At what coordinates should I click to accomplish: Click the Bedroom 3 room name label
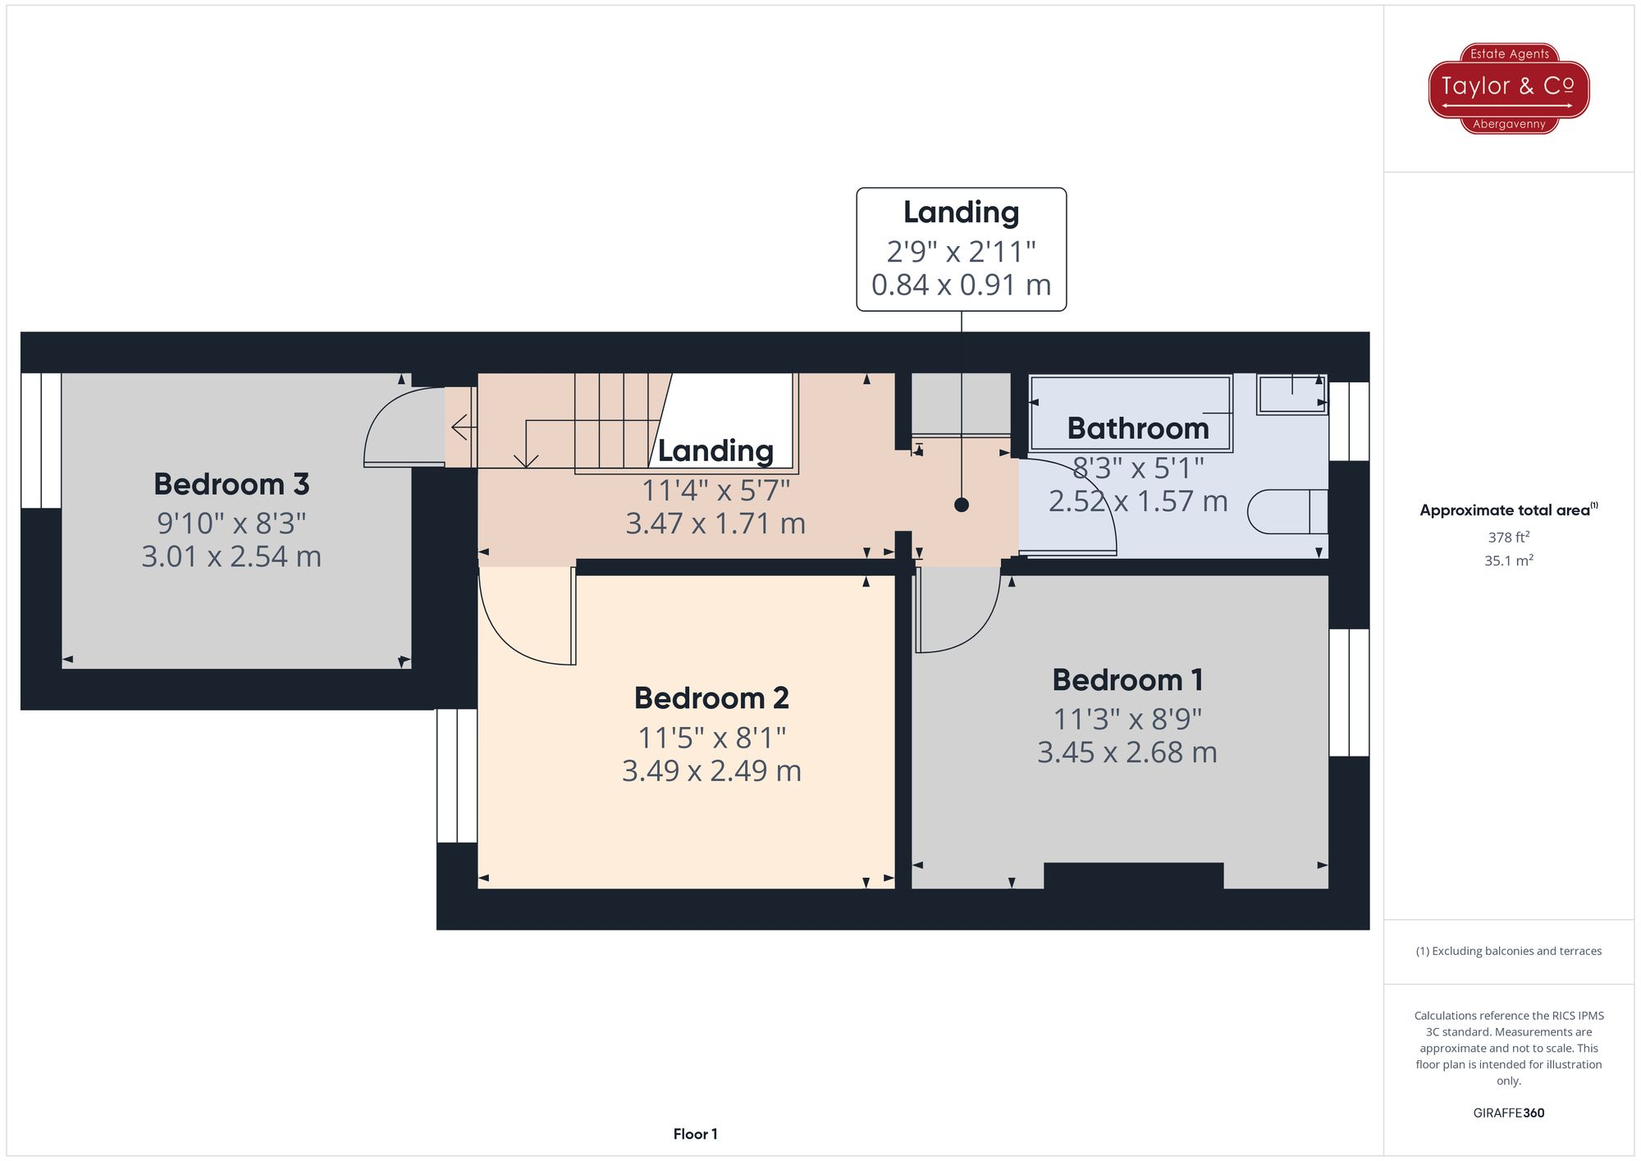click(x=231, y=484)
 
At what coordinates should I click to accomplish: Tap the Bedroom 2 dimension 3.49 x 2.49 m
click(x=711, y=771)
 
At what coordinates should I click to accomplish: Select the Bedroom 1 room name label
click(x=1127, y=680)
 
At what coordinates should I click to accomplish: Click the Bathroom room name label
click(x=1138, y=428)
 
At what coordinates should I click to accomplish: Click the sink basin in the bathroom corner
click(x=1291, y=395)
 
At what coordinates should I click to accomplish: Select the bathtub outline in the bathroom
click(x=1131, y=413)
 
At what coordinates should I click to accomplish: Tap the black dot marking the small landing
click(x=962, y=505)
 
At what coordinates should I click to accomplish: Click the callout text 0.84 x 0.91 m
click(x=961, y=285)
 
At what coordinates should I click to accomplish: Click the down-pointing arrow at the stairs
click(x=525, y=459)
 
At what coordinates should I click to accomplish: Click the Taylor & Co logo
click(x=1508, y=88)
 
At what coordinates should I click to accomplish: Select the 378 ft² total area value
click(x=1508, y=537)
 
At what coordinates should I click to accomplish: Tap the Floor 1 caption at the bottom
click(x=695, y=1134)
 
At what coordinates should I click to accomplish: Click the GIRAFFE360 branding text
click(x=1508, y=1113)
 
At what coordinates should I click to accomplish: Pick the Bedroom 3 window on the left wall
click(x=41, y=441)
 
